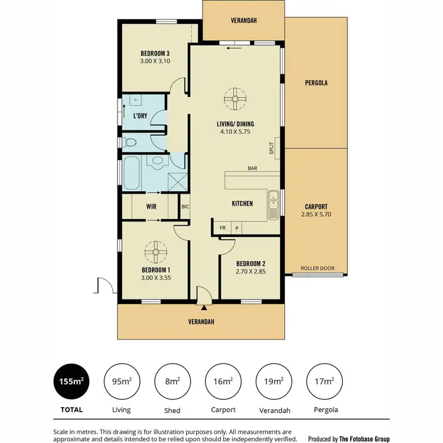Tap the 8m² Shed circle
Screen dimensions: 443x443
172,382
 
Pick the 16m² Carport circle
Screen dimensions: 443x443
223,382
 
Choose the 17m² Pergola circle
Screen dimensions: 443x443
324,382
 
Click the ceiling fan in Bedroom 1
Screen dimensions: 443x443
157,253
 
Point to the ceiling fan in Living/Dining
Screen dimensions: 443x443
234,99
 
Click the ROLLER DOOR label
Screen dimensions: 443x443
317,268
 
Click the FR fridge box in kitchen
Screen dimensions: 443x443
223,227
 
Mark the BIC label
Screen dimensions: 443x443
185,207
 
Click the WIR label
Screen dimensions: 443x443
151,207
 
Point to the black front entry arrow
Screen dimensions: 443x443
204,308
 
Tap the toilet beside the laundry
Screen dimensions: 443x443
130,142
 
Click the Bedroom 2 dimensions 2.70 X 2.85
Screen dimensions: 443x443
250,272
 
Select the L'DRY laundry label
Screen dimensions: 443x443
140,116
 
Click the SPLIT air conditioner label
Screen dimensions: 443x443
272,148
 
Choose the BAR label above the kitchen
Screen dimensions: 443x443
252,168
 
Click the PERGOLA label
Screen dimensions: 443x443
316,83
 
